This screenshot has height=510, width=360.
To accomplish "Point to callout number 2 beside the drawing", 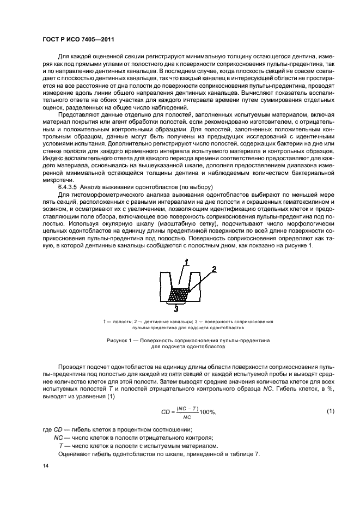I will pos(213,269).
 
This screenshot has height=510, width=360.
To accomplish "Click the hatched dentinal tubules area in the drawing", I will pos(179,294).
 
